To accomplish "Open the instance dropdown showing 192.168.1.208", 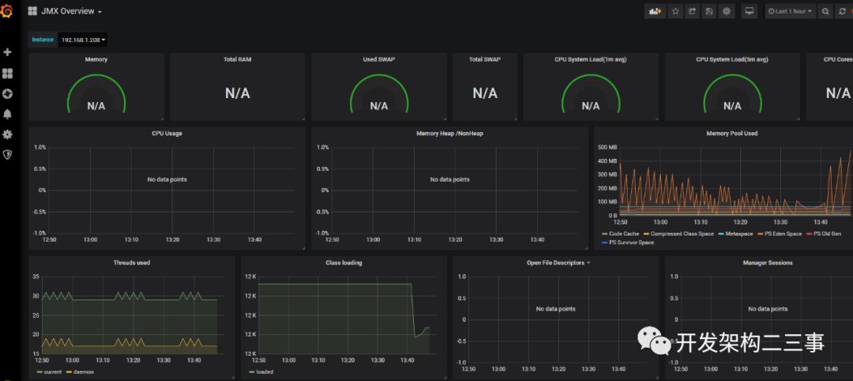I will coord(83,40).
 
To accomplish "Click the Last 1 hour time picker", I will coord(790,11).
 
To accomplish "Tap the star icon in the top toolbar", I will coord(675,11).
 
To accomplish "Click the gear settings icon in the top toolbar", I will coord(727,11).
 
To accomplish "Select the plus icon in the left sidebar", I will coord(8,52).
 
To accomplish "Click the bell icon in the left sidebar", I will coord(8,114).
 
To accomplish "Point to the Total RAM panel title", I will coord(237,59).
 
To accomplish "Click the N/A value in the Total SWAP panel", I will coord(485,93).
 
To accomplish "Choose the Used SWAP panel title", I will coord(379,59).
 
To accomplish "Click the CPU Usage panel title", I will coord(167,134).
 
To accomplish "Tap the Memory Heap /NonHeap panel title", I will coord(449,134).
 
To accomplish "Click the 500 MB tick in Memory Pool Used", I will coord(607,147).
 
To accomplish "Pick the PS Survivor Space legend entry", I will coord(631,243).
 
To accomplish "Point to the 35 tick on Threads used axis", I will coord(36,277).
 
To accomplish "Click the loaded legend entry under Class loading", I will coord(264,372).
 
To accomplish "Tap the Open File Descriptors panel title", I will coord(555,262).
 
